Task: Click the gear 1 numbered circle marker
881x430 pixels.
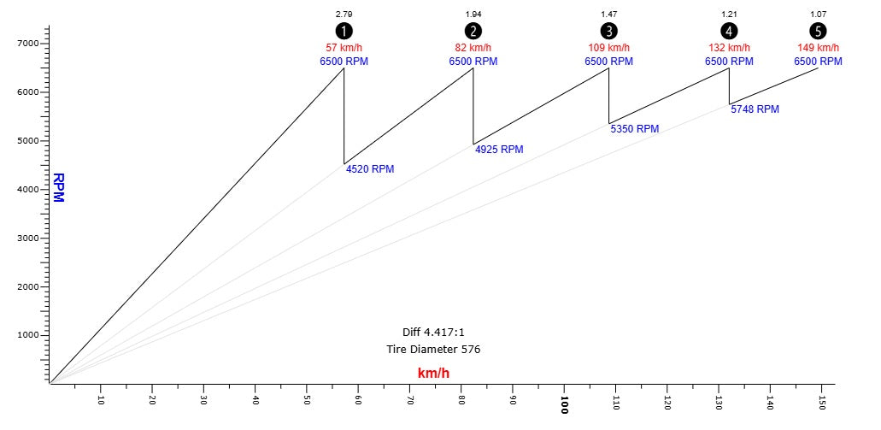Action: [344, 31]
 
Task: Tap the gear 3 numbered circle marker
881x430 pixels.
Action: [608, 31]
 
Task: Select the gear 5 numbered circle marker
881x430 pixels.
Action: [818, 31]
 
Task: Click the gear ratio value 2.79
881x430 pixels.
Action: [344, 15]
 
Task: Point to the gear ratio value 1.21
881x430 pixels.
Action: [729, 15]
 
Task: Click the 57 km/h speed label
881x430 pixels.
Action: [344, 48]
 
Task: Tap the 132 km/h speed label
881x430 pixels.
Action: [729, 48]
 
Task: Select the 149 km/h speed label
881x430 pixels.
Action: [818, 48]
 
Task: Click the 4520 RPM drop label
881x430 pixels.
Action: [370, 169]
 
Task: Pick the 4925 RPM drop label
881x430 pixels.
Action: [499, 150]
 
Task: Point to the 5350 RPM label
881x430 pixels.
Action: [635, 129]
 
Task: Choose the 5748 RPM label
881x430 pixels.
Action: [755, 109]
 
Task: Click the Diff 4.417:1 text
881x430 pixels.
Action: [433, 332]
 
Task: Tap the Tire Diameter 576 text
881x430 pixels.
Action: [433, 349]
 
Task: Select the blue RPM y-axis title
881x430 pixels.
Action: [58, 188]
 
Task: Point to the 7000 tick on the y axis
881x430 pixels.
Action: [27, 43]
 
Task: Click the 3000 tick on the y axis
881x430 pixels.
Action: [27, 238]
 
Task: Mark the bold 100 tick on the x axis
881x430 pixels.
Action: [565, 403]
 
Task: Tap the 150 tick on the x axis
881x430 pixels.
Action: [822, 402]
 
